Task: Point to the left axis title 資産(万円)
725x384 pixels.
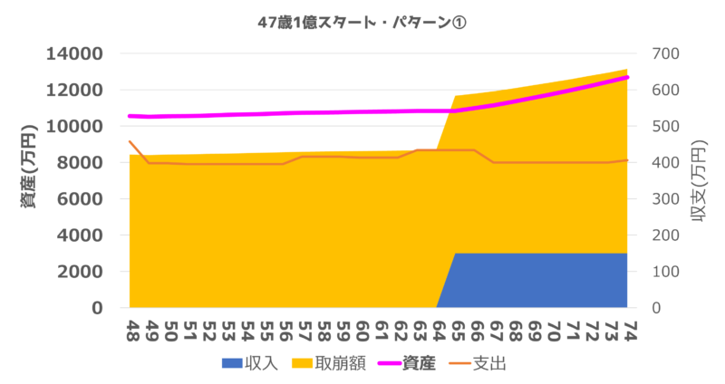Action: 28,180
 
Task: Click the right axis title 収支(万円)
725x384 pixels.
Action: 699,181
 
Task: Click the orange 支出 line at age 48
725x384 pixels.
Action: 130,141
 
